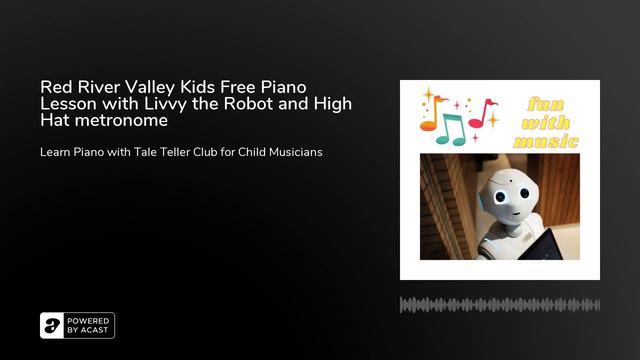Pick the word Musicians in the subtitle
click(x=288, y=152)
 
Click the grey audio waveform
click(x=499, y=305)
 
